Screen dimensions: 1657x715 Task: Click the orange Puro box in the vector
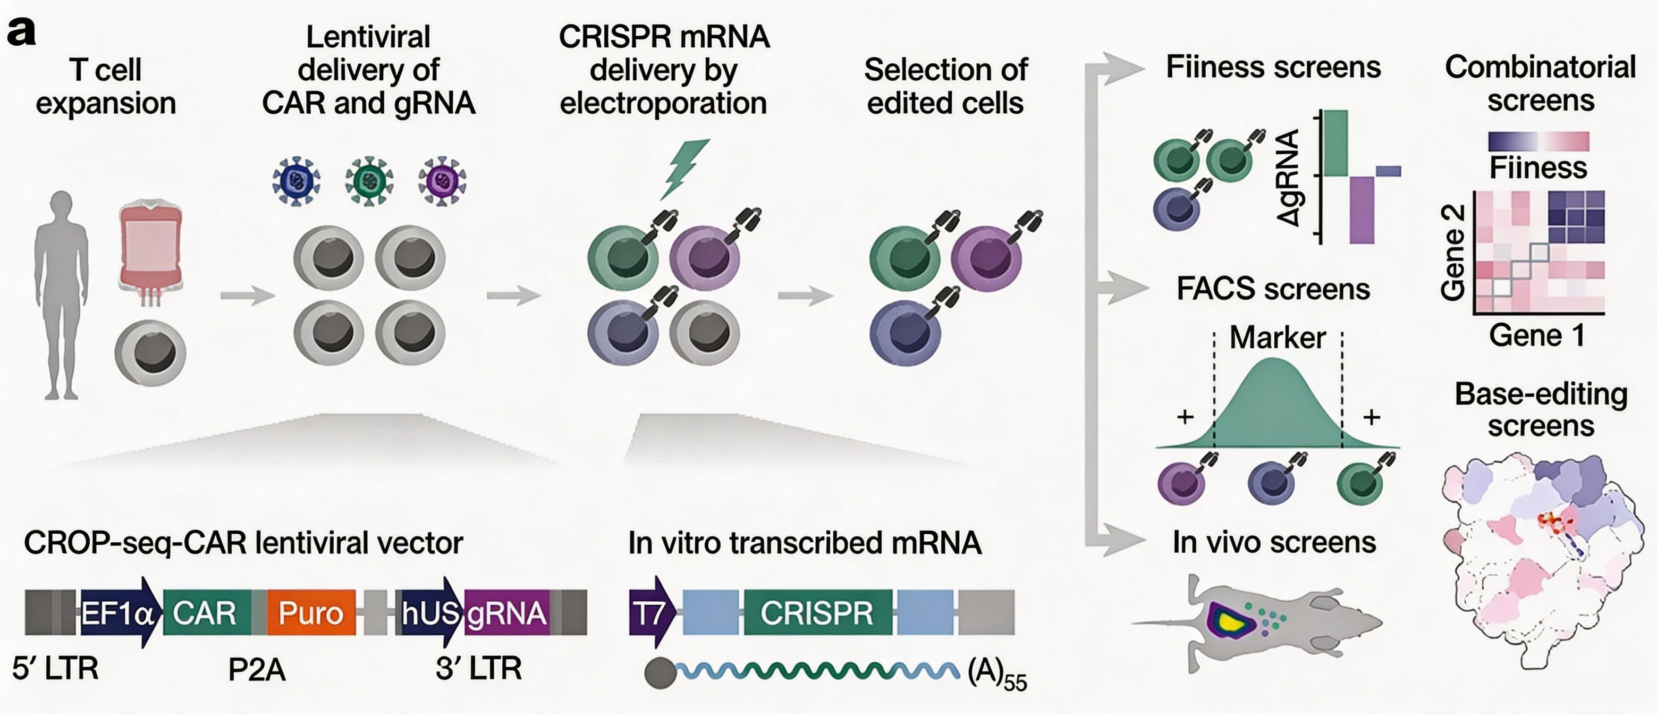point(311,612)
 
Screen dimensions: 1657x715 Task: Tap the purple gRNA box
point(507,612)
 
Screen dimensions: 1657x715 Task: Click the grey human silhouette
point(62,295)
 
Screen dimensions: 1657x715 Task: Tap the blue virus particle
point(296,181)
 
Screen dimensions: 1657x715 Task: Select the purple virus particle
point(442,181)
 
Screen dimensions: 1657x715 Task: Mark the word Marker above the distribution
point(1278,337)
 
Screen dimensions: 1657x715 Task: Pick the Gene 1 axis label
point(1537,335)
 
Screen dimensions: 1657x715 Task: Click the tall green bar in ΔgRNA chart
point(1335,142)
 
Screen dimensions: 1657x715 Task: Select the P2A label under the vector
point(257,670)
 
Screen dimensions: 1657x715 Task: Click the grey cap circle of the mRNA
point(661,673)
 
